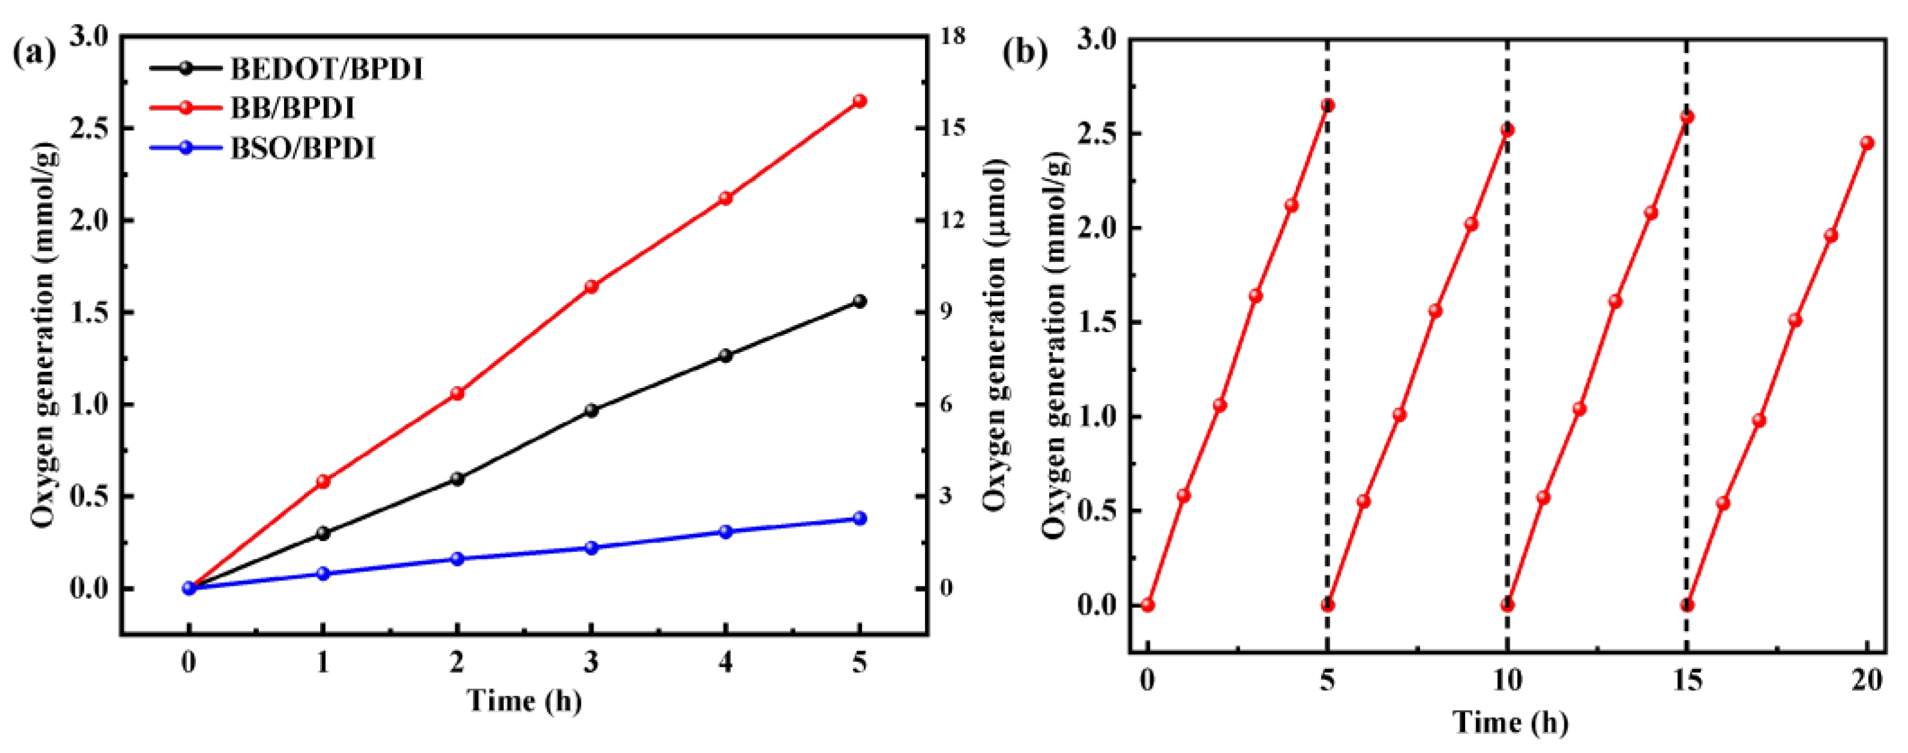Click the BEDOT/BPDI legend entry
point(326,69)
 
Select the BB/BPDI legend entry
point(293,109)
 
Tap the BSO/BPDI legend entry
point(302,149)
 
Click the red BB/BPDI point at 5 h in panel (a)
point(859,101)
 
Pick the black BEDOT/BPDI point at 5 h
point(859,302)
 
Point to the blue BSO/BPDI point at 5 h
point(859,518)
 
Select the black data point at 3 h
point(591,410)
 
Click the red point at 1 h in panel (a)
point(323,481)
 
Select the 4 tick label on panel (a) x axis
point(725,662)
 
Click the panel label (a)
point(34,53)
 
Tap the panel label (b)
point(1025,53)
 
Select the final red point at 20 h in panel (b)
point(1867,143)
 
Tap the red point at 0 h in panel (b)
point(1147,605)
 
